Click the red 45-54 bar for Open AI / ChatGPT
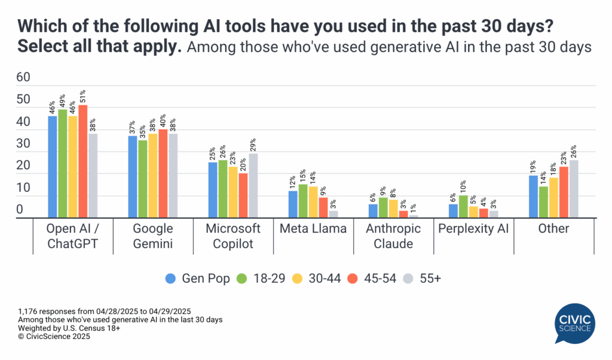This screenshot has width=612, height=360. pos(82,161)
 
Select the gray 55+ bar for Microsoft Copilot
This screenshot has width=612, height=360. pos(254,186)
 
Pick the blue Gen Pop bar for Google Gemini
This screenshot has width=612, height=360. pos(133,177)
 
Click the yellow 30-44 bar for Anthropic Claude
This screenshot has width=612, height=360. pos(393,209)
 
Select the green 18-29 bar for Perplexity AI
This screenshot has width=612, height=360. pos(463,206)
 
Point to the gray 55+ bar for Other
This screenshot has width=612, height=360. pos(574,189)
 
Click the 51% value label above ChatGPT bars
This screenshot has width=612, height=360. pos(82,96)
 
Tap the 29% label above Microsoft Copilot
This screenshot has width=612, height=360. pos(254,145)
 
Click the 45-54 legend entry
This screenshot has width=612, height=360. pos(365,279)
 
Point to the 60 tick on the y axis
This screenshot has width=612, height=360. pos(23,77)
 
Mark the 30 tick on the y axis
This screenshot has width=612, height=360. pos(23,144)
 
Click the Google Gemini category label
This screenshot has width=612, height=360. pos(153,236)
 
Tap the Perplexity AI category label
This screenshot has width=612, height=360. pos(473,229)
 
